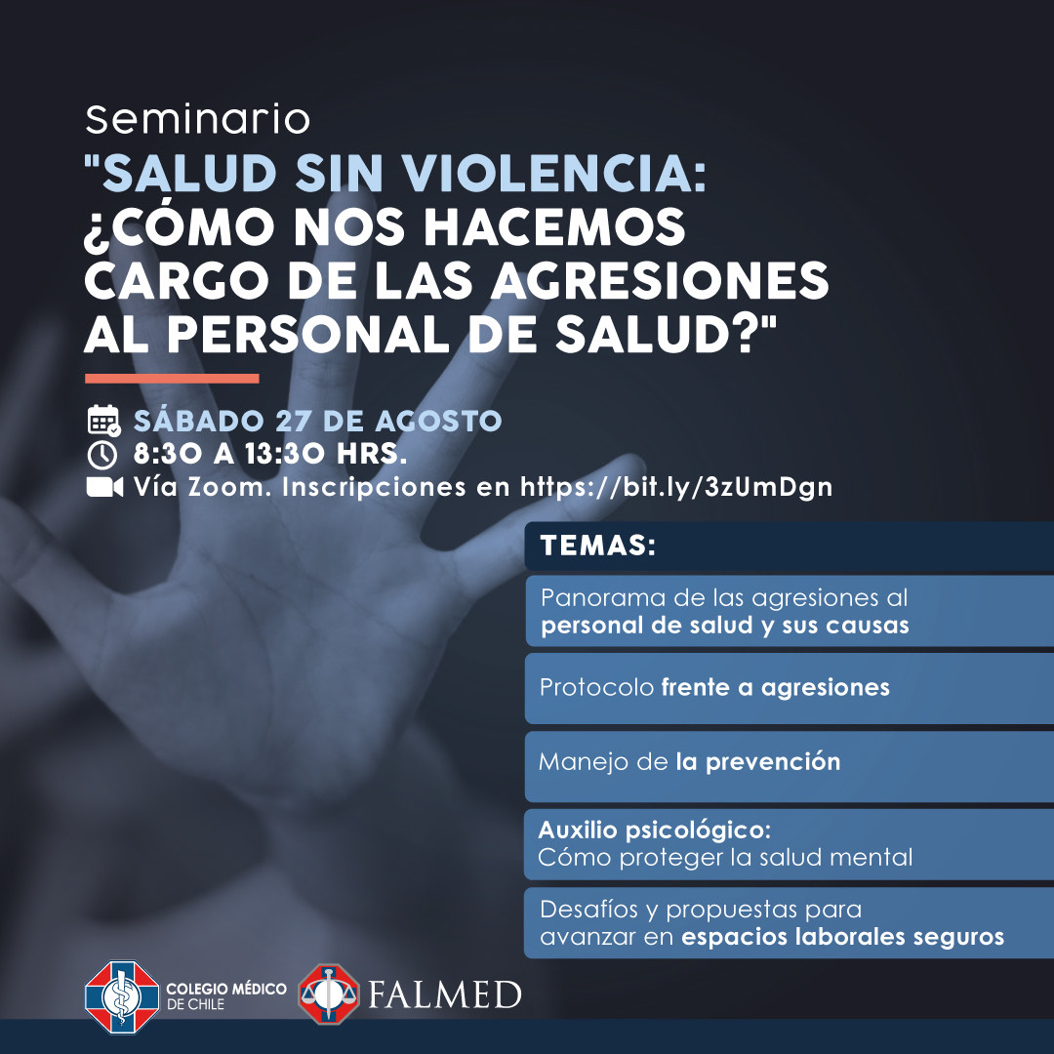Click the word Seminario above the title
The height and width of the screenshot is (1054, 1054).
[x=197, y=120]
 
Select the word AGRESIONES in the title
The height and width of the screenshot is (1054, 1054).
[x=660, y=280]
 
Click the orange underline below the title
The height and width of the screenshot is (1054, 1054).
[x=172, y=379]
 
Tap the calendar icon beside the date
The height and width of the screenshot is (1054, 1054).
[x=103, y=421]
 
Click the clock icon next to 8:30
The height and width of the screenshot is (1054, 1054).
[x=102, y=455]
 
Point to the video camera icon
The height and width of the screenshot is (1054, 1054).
[x=104, y=487]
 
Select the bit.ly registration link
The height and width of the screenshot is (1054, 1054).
[x=676, y=487]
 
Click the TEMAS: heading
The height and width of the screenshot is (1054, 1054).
[x=597, y=546]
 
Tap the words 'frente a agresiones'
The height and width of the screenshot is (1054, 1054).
[x=775, y=687]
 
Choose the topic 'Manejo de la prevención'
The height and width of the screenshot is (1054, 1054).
[x=689, y=761]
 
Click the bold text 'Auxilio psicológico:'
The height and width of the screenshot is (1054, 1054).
[x=654, y=831]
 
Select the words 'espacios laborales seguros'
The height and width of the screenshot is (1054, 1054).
[x=842, y=937]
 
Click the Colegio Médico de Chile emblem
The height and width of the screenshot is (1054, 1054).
[x=122, y=996]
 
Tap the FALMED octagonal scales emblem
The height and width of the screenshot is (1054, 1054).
[x=329, y=994]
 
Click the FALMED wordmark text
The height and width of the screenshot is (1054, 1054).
[x=444, y=994]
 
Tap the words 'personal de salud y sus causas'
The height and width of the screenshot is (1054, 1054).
[x=724, y=626]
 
